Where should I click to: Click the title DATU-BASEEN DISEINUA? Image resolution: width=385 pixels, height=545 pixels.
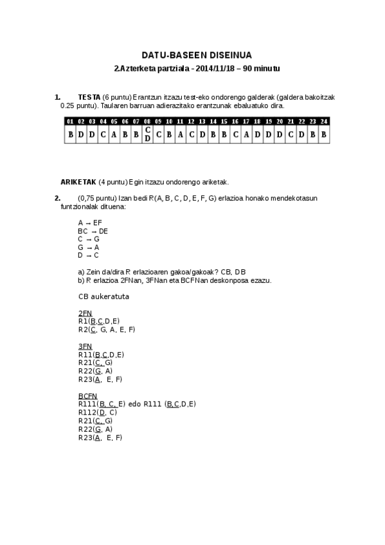[192, 55]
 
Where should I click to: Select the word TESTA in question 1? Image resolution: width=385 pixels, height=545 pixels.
[88, 97]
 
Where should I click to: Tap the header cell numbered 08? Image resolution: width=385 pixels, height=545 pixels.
[147, 121]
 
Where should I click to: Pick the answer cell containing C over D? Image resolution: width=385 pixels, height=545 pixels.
[147, 134]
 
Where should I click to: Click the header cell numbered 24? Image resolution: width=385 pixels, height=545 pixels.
[323, 121]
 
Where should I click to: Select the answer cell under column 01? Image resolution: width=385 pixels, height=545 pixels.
[70, 135]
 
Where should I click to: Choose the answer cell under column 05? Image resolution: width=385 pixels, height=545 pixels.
[114, 135]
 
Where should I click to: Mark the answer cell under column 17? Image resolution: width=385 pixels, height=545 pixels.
[246, 135]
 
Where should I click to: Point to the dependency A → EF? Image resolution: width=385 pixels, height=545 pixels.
[90, 222]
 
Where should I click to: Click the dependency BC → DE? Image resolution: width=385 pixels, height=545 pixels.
[93, 231]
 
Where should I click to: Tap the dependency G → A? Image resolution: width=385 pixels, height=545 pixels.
[89, 247]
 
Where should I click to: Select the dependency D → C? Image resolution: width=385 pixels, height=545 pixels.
[89, 255]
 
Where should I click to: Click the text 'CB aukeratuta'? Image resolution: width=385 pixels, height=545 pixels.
[103, 296]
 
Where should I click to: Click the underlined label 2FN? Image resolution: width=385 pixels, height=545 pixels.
[85, 313]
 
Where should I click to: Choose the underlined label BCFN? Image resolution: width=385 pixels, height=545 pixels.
[87, 396]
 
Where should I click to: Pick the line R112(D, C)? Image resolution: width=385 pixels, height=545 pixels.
[97, 412]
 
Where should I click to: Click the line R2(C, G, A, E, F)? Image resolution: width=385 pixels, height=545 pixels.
[106, 330]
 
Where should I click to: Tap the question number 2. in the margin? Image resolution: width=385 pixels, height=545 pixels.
[58, 198]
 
